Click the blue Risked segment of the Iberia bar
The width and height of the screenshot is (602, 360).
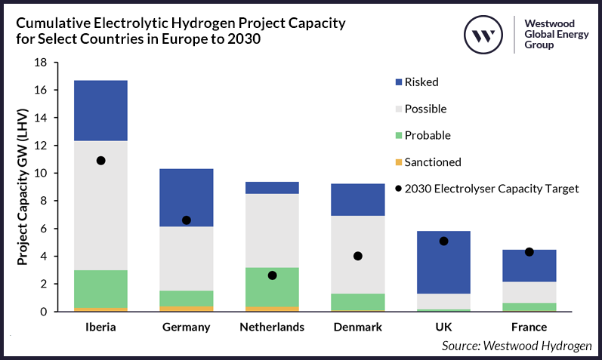[101, 110]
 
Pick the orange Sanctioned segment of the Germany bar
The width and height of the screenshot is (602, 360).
[187, 308]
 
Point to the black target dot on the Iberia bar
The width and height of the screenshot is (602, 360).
[101, 161]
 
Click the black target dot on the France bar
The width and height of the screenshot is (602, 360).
[529, 252]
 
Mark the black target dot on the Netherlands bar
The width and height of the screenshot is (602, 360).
[272, 275]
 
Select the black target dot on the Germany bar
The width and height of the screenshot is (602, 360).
[187, 220]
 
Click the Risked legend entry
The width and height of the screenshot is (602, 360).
[421, 82]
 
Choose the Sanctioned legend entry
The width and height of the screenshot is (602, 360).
[432, 162]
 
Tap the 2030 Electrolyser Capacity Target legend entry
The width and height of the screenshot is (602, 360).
[492, 189]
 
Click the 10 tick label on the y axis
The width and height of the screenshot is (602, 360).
[42, 174]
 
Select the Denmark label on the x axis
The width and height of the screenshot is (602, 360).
[358, 328]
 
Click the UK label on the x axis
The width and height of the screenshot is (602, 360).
[444, 328]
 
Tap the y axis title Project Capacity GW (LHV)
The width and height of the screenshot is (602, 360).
[23, 186]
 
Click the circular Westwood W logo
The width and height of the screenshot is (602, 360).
[483, 35]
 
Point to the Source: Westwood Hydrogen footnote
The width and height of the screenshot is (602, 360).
[517, 346]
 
